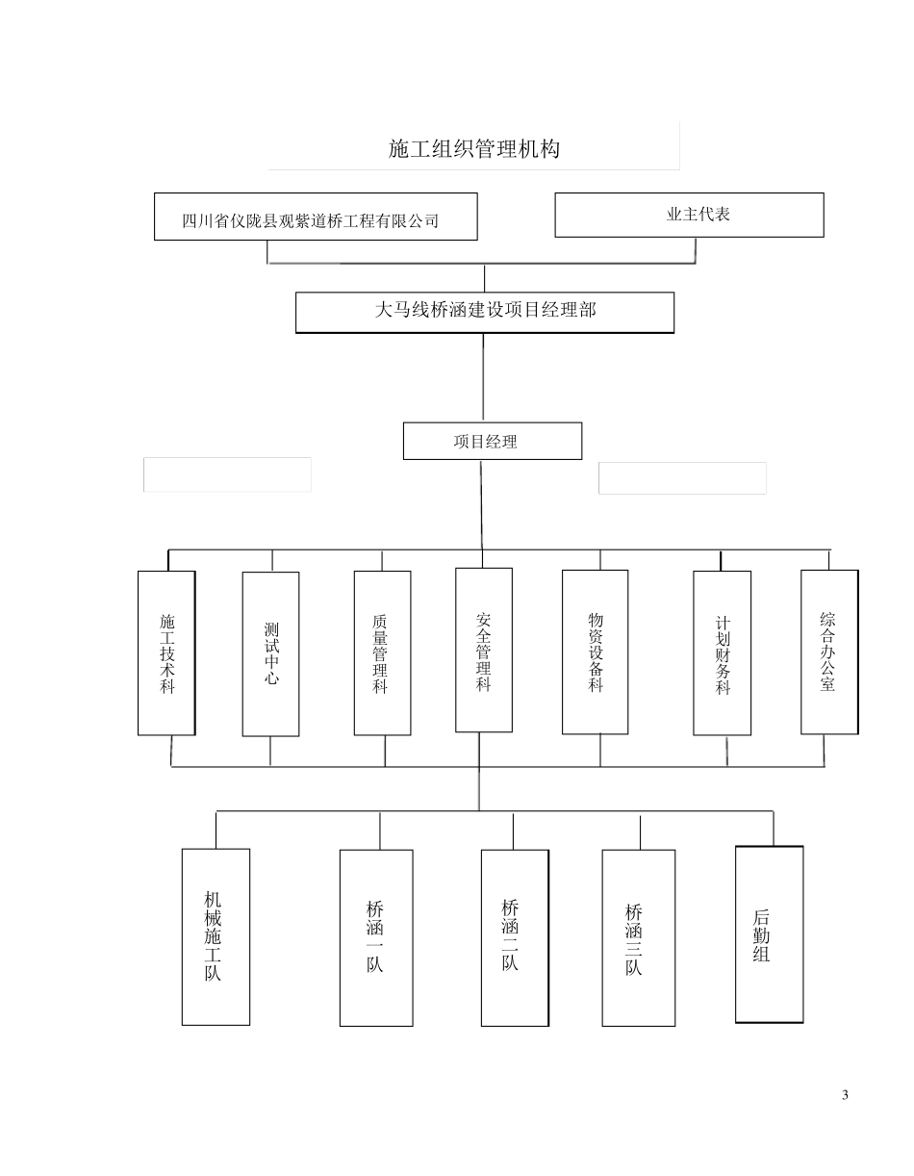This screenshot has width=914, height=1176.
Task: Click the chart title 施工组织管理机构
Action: click(473, 149)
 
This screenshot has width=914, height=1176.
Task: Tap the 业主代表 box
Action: click(689, 215)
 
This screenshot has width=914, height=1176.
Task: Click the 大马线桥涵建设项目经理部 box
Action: click(484, 312)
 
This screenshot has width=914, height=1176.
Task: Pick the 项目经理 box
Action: click(492, 441)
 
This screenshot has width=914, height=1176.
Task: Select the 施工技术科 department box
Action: click(166, 653)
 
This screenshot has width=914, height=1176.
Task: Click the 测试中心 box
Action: click(270, 653)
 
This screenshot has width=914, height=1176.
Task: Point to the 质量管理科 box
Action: click(382, 653)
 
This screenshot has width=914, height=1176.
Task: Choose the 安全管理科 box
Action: click(483, 650)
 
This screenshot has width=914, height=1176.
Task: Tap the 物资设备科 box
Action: click(595, 652)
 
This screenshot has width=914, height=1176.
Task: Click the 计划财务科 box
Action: click(722, 653)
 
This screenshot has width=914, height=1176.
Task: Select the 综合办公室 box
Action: click(828, 652)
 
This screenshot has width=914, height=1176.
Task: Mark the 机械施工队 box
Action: click(216, 936)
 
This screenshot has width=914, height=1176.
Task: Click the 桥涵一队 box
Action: click(376, 937)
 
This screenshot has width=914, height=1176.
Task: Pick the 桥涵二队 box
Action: click(515, 937)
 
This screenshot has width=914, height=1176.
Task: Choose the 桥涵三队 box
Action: click(638, 937)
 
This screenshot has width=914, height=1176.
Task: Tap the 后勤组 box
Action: click(769, 934)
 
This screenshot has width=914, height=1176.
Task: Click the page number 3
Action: click(846, 1095)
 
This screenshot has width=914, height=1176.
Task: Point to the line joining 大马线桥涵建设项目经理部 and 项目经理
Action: click(483, 377)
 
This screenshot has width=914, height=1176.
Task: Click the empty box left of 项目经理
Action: click(227, 474)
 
